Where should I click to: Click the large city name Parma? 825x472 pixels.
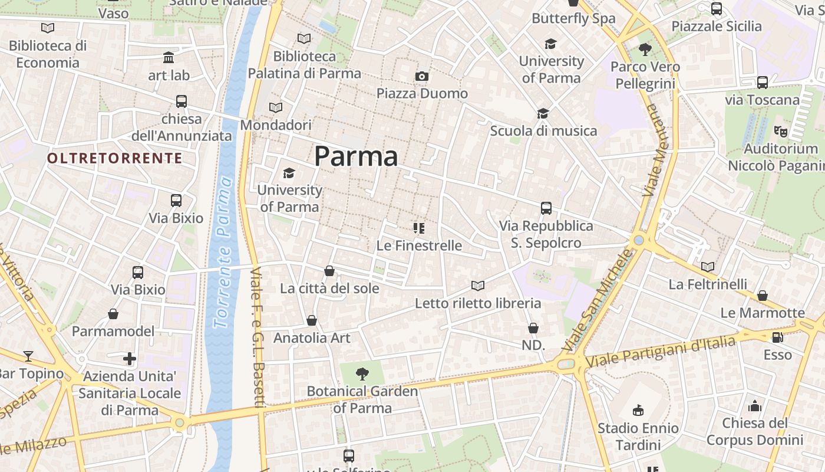coord(356,156)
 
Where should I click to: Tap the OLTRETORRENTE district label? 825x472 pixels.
coord(115,158)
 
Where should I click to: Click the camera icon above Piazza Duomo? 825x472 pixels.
coord(422,76)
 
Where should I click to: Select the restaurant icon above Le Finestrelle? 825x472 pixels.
coord(419,228)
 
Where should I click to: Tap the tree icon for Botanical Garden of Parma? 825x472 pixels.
coord(362,373)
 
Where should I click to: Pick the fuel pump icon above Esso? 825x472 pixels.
coord(777,337)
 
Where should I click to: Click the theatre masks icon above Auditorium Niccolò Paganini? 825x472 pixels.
coord(781,131)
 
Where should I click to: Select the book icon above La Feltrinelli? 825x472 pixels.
coord(708,267)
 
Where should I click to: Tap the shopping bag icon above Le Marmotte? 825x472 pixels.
coord(763,295)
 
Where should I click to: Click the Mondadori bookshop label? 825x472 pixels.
coord(275,125)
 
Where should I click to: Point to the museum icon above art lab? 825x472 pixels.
coord(169,58)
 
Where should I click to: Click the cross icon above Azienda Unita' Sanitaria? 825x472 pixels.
coord(130,358)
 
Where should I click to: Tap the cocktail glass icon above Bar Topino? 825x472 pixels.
coord(28,356)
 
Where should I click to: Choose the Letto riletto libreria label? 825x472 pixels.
coord(478,303)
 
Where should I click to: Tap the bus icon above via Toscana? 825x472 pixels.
coord(763,83)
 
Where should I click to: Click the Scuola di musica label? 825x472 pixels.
coord(543,131)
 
